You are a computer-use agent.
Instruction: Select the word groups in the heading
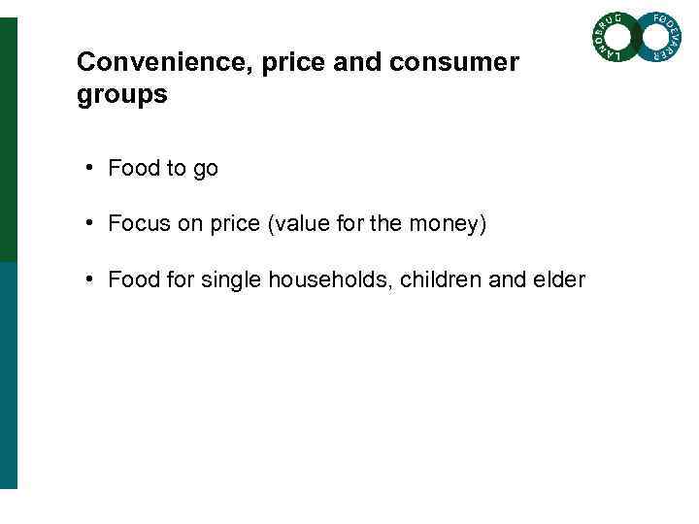pos(121,96)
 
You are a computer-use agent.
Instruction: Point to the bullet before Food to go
pos(88,167)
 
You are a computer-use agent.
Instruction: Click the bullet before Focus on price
pos(88,223)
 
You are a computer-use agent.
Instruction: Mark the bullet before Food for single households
pos(88,279)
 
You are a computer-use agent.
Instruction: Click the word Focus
pos(137,224)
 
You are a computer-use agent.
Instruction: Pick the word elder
pos(560,280)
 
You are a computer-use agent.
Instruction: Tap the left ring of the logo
pos(615,38)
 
